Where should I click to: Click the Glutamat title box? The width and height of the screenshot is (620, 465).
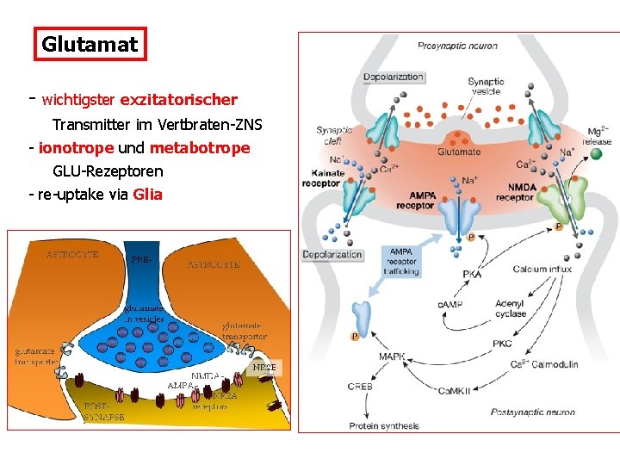pyautogui.click(x=90, y=45)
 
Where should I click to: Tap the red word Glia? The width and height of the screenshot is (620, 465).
pyautogui.click(x=148, y=194)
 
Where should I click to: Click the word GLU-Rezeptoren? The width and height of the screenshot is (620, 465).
pyautogui.click(x=108, y=171)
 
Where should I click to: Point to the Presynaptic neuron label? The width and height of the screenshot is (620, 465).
pyautogui.click(x=457, y=46)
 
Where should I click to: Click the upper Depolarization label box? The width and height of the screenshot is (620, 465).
pyautogui.click(x=393, y=77)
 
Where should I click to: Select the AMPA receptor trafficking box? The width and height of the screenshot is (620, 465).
pyautogui.click(x=401, y=261)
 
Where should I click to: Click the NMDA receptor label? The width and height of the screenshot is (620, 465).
pyautogui.click(x=515, y=192)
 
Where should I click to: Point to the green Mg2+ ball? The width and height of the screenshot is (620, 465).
pyautogui.click(x=596, y=154)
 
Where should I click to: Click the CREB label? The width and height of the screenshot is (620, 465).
pyautogui.click(x=360, y=387)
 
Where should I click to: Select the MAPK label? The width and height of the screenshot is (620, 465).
pyautogui.click(x=392, y=356)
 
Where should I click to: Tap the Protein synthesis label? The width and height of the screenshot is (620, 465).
pyautogui.click(x=384, y=425)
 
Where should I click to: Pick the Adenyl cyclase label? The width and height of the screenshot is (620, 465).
pyautogui.click(x=511, y=308)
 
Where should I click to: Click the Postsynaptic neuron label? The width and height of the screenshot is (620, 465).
pyautogui.click(x=533, y=412)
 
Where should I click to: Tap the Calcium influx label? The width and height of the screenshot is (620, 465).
pyautogui.click(x=542, y=270)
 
